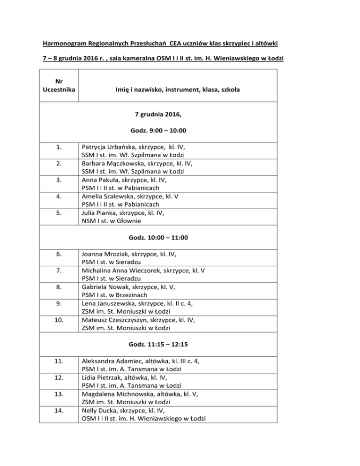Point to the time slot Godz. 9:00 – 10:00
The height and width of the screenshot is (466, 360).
[178, 129]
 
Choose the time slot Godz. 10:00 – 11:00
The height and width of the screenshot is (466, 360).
[178, 238]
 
